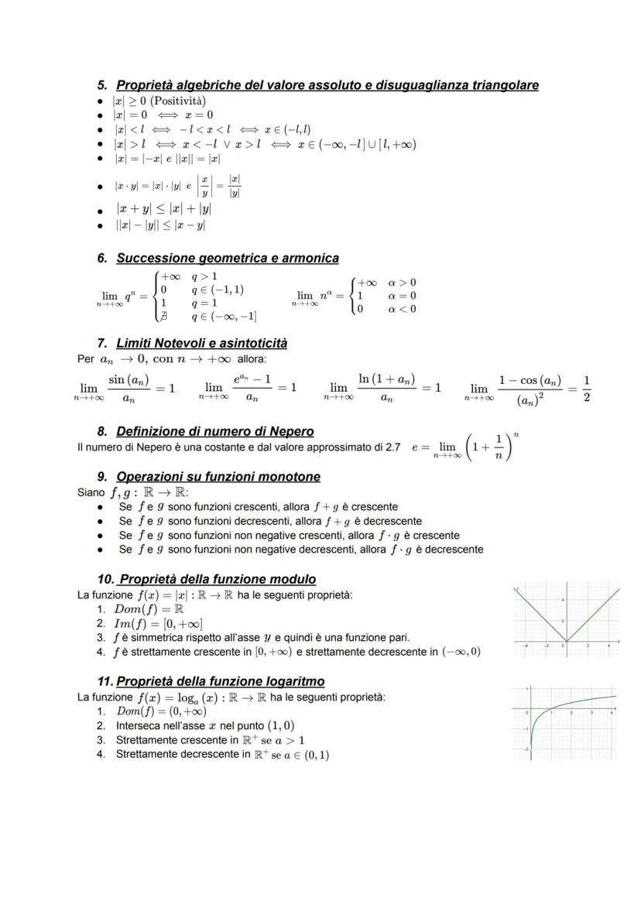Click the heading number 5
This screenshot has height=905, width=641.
click(x=102, y=85)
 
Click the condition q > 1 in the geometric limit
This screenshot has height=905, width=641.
click(x=204, y=276)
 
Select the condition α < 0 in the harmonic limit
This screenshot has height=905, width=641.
click(x=402, y=309)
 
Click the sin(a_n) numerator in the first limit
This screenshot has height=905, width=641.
click(x=128, y=379)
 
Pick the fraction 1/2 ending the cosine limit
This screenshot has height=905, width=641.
click(x=587, y=388)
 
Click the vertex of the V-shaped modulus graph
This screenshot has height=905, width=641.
click(x=566, y=642)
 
